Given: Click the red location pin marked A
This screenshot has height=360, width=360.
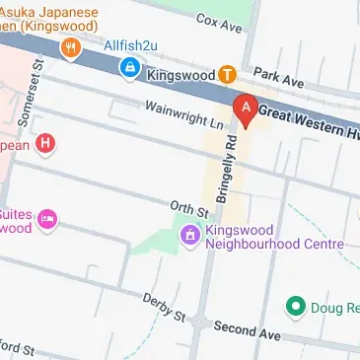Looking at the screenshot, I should point(244,108).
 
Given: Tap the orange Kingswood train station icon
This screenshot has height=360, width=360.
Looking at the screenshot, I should point(227,74).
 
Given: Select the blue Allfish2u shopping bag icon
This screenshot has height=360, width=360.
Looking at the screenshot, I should point(129,67).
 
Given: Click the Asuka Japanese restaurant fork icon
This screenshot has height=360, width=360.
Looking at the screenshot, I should point(69,45).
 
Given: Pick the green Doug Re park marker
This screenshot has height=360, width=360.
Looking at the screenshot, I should point(294,307).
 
